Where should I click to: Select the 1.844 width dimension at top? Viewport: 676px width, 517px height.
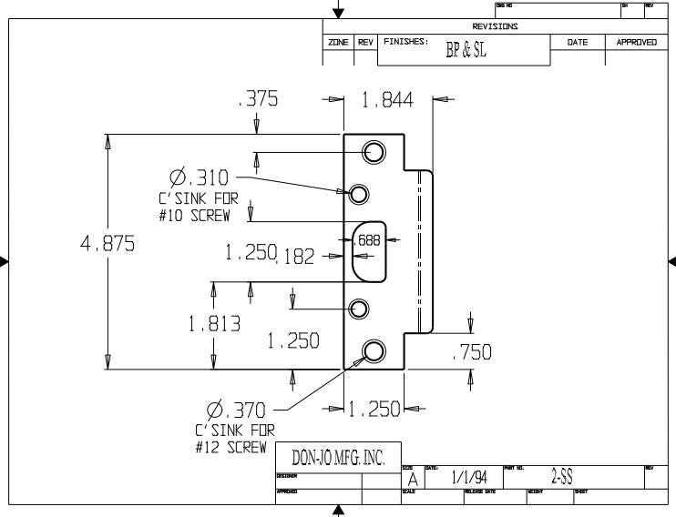point(387,101)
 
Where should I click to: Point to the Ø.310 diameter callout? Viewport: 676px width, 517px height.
point(199,177)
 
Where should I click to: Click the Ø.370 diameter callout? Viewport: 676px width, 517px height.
point(234,411)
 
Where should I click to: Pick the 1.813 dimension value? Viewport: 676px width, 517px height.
point(214,323)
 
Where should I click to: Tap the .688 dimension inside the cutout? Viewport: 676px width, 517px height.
point(370,240)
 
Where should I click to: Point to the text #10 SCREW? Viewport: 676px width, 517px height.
point(192,215)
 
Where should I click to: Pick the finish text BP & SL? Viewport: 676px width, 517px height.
point(466,51)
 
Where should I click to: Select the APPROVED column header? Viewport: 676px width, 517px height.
point(636,43)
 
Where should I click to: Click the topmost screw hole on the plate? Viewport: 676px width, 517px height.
point(374,152)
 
